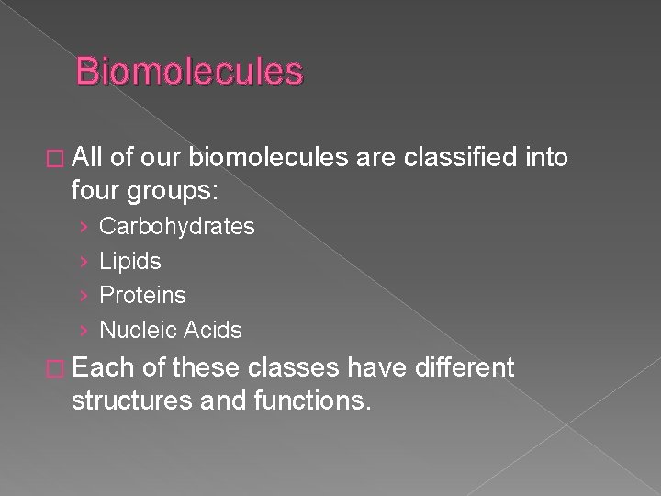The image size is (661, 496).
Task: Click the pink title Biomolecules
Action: pos(189,72)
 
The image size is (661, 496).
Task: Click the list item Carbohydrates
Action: pos(176,226)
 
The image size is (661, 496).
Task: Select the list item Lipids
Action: pos(129,261)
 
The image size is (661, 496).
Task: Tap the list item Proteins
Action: pos(142,295)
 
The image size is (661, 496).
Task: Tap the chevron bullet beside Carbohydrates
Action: pos(84,227)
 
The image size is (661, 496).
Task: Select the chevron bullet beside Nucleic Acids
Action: pos(84,331)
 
